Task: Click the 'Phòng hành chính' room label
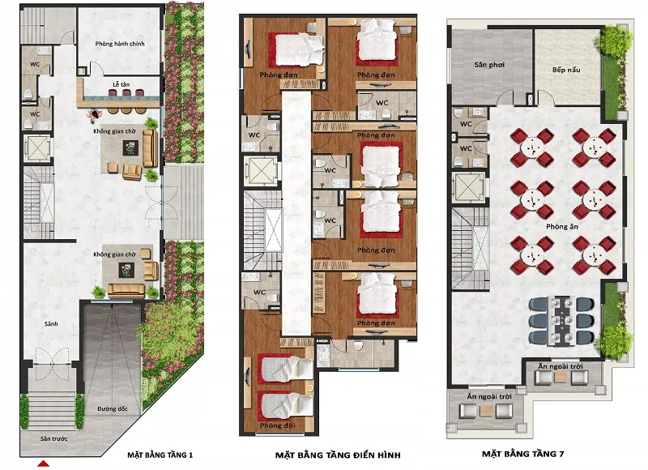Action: pos(120,44)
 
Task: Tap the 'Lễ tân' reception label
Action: pos(122,84)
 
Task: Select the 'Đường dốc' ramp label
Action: pos(113,409)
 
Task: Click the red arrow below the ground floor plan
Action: pos(44,464)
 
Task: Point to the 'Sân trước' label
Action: pos(53,438)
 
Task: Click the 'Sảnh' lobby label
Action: pos(51,323)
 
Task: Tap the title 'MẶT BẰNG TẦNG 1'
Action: pos(160,455)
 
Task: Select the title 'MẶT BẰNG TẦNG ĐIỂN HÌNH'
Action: pos(338,455)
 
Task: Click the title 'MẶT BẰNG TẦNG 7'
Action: pos(522,454)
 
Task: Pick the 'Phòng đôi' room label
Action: pos(277,425)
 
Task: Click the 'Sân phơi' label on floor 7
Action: pos(489,65)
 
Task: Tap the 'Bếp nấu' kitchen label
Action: pos(566,70)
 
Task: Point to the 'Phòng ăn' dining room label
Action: pos(562,227)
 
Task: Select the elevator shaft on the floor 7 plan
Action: pos(469,188)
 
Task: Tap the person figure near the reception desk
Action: pos(95,115)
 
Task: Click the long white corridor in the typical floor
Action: pos(296,213)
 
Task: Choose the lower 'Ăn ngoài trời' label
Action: pos(489,396)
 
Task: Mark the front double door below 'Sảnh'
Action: pos(52,364)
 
